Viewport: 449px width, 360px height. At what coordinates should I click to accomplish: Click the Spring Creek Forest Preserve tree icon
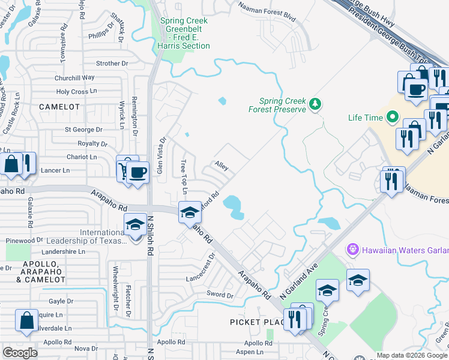[315, 105]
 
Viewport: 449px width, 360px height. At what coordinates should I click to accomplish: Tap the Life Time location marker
[394, 117]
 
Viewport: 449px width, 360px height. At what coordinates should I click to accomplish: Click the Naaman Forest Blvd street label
[267, 13]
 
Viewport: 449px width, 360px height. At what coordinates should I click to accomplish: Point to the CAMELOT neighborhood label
[59, 106]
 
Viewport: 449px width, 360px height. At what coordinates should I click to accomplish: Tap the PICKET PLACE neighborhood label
[255, 322]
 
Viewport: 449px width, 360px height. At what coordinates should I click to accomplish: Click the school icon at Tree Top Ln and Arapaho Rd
[190, 212]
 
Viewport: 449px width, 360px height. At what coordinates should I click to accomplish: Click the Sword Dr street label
[220, 295]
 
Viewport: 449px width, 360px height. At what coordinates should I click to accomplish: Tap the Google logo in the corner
[20, 352]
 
